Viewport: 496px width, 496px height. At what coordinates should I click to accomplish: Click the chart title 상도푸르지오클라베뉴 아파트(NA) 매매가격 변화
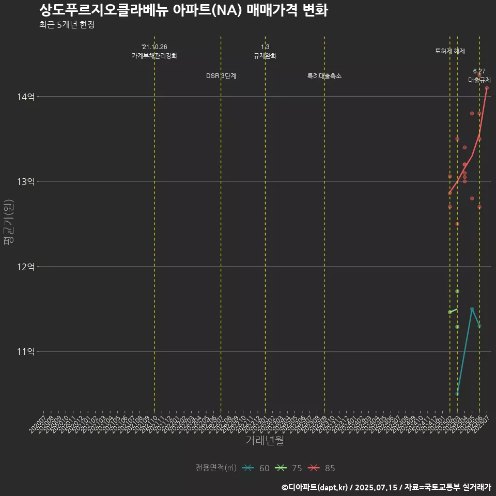pos(183,10)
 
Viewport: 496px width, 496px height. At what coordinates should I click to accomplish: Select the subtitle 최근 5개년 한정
pos(67,25)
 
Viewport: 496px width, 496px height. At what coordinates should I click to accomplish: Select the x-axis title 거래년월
pos(265,441)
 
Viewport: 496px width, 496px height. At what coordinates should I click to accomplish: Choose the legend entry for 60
pos(256,468)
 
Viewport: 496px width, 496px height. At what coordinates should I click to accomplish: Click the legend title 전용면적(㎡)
pos(216,468)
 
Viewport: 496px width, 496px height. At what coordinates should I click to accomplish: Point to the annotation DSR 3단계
pos(221,76)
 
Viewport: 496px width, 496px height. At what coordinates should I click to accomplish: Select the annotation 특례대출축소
pos(324,76)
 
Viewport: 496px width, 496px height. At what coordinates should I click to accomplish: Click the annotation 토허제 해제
pos(450,51)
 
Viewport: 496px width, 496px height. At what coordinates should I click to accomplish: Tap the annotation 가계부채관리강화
pos(154,56)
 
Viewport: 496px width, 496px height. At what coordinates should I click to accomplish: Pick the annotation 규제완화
pos(265,56)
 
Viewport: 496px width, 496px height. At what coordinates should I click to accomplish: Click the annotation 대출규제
pos(479,80)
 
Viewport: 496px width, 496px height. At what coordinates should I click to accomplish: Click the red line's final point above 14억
pos(487,88)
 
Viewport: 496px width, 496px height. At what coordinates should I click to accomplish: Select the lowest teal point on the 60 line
pos(457,394)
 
